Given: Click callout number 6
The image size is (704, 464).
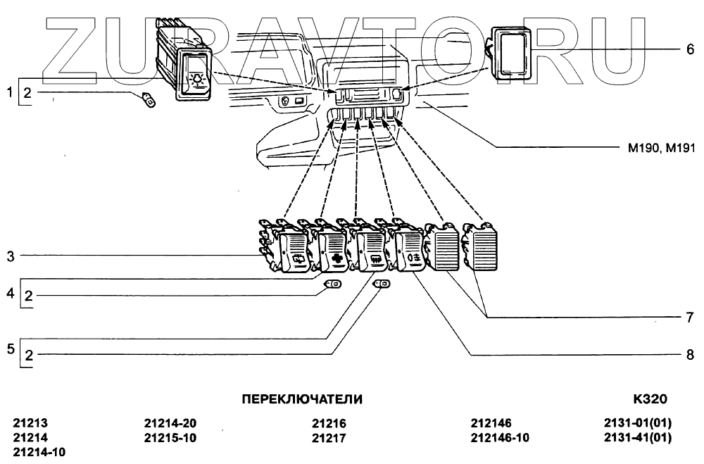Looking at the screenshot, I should click(x=690, y=49).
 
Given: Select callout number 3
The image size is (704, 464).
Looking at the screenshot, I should click(x=11, y=257).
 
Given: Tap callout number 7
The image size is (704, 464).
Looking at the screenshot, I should click(x=690, y=318).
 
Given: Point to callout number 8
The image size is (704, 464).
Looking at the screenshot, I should click(x=690, y=355).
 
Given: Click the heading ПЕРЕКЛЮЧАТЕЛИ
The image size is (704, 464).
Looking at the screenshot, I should click(x=302, y=399).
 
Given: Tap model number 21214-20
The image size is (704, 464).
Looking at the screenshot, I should click(x=170, y=424).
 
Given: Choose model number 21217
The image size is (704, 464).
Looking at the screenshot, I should click(x=329, y=438).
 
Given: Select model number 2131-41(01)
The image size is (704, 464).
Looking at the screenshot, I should click(x=638, y=438).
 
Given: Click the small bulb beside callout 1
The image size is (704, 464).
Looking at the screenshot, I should click(x=150, y=101).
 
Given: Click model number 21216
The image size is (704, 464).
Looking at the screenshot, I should click(x=329, y=424).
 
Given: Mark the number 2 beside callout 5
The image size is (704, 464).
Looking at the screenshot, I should click(x=28, y=356).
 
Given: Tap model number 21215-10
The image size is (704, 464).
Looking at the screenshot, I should click(x=170, y=438).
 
